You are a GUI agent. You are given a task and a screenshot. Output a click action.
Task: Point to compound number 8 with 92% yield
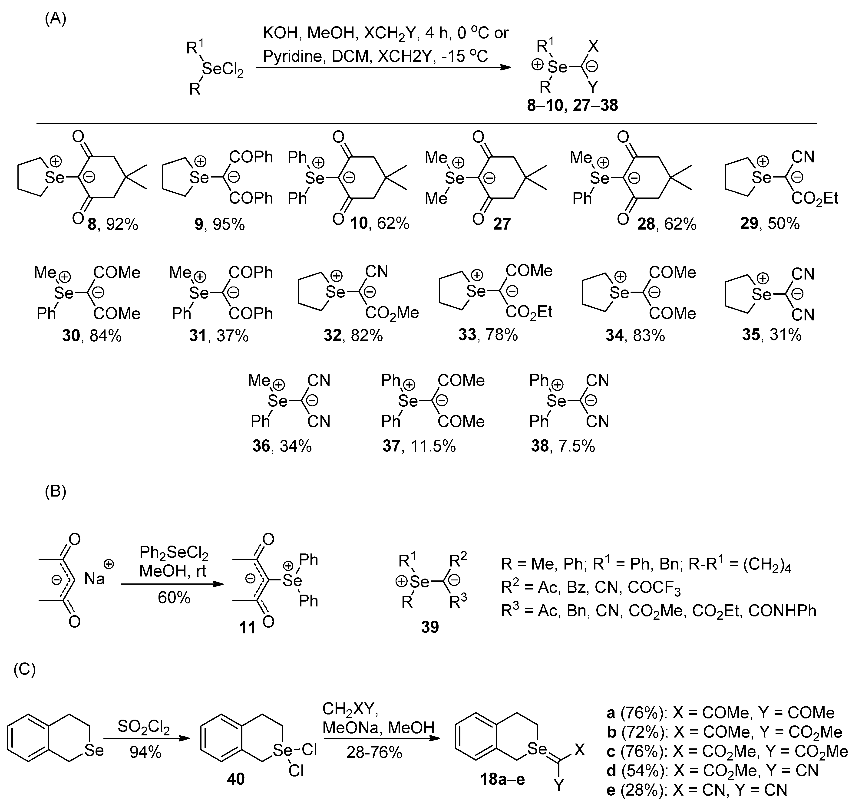coord(92,224)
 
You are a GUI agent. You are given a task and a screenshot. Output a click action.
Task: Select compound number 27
coord(502,224)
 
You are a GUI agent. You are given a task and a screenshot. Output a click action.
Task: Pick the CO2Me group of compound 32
coord(392,313)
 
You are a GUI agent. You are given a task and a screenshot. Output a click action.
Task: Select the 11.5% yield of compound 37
coord(433,446)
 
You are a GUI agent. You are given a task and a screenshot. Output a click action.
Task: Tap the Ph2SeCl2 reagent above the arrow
coord(174,554)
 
